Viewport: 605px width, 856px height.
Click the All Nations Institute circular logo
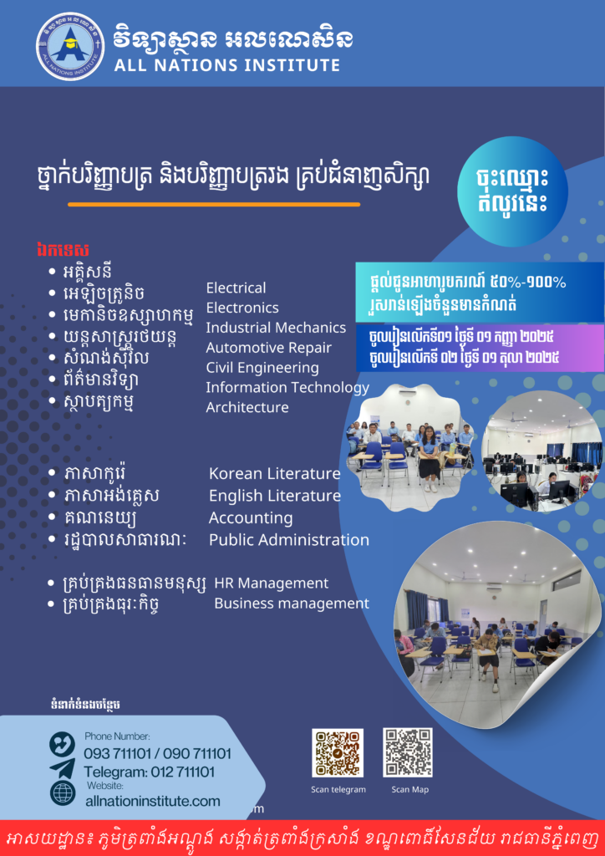(x=70, y=46)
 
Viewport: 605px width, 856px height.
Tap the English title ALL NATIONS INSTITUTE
(x=227, y=65)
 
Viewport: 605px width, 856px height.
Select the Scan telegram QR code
(x=338, y=753)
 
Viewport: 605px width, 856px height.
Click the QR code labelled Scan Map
(x=408, y=752)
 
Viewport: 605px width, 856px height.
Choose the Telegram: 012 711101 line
(x=149, y=772)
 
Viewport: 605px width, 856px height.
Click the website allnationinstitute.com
(x=153, y=802)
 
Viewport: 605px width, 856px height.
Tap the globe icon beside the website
(x=63, y=794)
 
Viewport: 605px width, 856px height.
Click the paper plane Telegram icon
(x=62, y=768)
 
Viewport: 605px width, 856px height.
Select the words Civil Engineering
(x=262, y=368)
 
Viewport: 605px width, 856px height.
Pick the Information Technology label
(x=287, y=388)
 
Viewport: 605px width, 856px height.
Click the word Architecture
(x=247, y=407)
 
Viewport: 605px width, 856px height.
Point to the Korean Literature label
(x=275, y=473)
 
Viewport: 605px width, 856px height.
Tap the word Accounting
(x=251, y=517)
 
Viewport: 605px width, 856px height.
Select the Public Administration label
(x=289, y=540)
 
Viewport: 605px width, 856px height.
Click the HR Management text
(x=272, y=583)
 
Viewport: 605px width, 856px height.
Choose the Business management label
(x=292, y=604)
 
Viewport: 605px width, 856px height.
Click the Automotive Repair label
(x=269, y=348)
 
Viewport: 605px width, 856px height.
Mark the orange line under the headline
(x=214, y=205)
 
